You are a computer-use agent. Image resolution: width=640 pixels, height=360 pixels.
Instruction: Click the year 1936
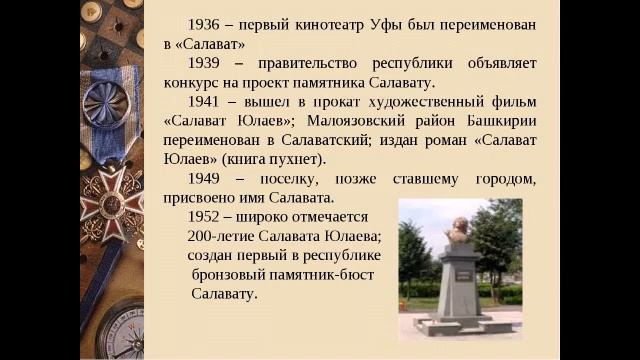[x=204, y=24]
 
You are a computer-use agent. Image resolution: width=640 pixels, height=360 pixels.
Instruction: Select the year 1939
[x=204, y=63]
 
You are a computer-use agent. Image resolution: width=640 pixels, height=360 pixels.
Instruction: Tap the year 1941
[x=204, y=102]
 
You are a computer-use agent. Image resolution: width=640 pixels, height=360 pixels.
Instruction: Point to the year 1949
[x=204, y=178]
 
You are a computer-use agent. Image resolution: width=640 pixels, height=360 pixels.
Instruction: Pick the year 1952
[x=204, y=217]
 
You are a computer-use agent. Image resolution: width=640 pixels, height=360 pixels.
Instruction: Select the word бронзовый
[x=232, y=274]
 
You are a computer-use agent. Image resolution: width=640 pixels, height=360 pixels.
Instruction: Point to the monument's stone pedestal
[x=459, y=285]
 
